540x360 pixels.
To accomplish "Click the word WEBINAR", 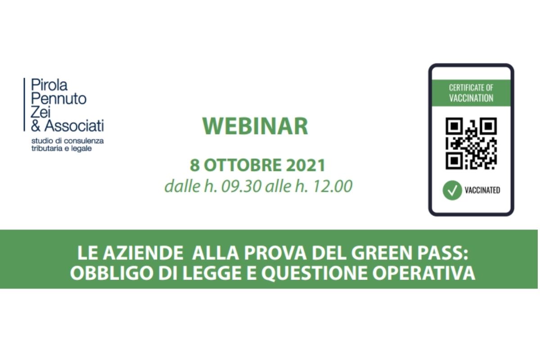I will pyautogui.click(x=255, y=126).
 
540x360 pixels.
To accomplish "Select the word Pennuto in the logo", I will pyautogui.click(x=58, y=98).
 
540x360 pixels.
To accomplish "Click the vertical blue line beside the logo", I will pyautogui.click(x=24, y=104).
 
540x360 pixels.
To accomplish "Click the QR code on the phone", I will pyautogui.click(x=471, y=143).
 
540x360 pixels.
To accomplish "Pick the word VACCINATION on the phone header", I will pyautogui.click(x=471, y=98).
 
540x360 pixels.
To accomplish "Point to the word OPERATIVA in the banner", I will pyautogui.click(x=429, y=273).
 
